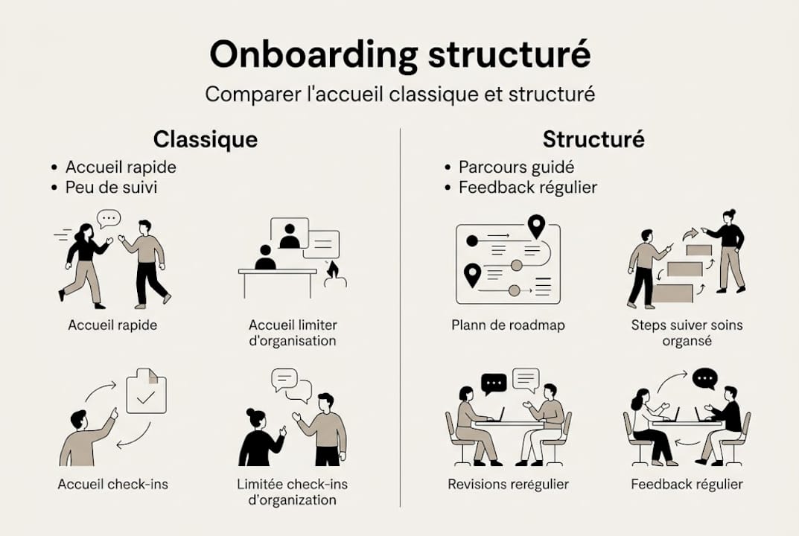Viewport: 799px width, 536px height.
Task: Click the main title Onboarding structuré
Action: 400,55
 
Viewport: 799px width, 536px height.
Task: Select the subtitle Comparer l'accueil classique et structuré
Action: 400,95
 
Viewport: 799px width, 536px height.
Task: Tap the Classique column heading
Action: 206,139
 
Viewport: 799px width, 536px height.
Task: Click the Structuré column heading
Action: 593,139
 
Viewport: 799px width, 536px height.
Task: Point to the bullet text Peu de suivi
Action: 111,187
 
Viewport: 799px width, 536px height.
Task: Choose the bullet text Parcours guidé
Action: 516,167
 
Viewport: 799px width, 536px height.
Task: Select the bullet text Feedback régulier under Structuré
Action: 527,187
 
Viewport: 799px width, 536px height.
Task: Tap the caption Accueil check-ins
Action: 113,485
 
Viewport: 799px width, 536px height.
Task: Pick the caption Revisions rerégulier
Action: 508,485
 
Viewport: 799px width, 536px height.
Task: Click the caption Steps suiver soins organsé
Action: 687,333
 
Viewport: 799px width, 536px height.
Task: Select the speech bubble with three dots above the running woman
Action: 109,218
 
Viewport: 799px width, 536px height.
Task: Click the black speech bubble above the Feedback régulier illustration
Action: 704,379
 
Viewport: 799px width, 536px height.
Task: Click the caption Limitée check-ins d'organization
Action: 292,492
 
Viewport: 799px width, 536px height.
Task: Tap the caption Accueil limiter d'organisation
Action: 293,333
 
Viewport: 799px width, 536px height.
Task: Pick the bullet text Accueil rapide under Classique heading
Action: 121,167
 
